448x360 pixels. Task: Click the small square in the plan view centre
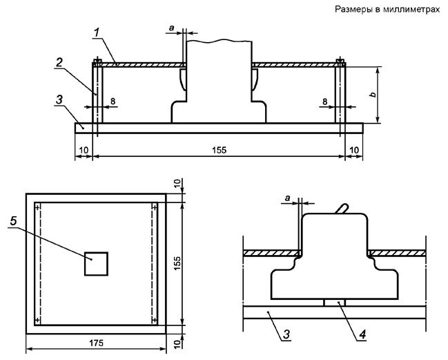pyautogui.click(x=96, y=264)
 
